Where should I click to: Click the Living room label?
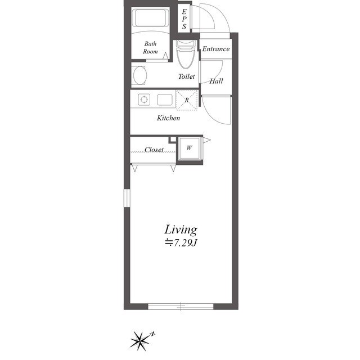pos(181,230)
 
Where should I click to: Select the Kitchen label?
pos(168,118)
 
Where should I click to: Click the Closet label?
pos(154,150)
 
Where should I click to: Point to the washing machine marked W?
pos(190,148)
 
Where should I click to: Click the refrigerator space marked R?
pos(187,100)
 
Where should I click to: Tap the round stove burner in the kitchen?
pos(144,100)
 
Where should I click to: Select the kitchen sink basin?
pos(165,100)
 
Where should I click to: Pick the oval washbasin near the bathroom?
pos(140,75)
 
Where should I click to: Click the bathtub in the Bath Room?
pos(150,18)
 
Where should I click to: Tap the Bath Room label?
pos(150,47)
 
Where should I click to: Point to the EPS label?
pos(184,19)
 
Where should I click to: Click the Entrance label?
pos(216,49)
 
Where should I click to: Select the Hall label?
pos(216,81)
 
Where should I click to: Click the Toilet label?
pos(186,76)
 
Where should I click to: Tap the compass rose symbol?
pos(139,340)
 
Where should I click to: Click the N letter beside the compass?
pos(152,334)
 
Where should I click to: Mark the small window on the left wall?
pos(127,198)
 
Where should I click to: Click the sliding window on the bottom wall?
pos(181,306)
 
